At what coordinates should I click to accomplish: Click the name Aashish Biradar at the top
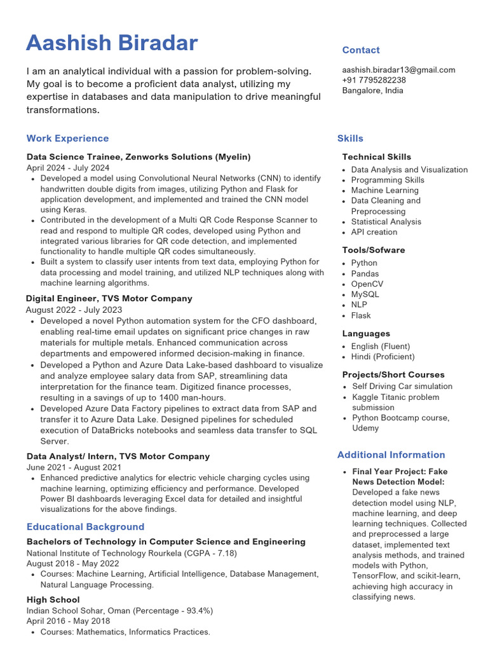pyautogui.click(x=112, y=43)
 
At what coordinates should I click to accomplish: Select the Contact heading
pyautogui.click(x=360, y=50)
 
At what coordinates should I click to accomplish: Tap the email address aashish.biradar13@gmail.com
pyautogui.click(x=398, y=70)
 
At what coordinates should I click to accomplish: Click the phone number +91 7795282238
pyautogui.click(x=374, y=80)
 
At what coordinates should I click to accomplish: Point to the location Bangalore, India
pyautogui.click(x=372, y=90)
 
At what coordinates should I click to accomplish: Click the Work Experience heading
pyautogui.click(x=67, y=139)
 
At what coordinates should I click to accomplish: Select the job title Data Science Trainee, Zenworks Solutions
pyautogui.click(x=139, y=156)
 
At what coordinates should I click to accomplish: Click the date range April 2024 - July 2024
pyautogui.click(x=67, y=168)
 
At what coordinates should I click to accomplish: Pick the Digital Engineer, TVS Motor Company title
pyautogui.click(x=109, y=298)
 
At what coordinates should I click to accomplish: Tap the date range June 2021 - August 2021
pyautogui.click(x=73, y=467)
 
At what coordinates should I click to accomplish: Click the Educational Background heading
pyautogui.click(x=85, y=527)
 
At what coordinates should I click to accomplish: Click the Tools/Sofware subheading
pyautogui.click(x=373, y=250)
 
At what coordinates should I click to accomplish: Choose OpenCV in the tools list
pyautogui.click(x=367, y=284)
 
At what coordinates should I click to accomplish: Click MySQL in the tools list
pyautogui.click(x=365, y=294)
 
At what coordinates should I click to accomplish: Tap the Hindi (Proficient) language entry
pyautogui.click(x=382, y=357)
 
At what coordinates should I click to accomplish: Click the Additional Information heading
pyautogui.click(x=391, y=455)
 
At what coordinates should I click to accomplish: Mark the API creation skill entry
pyautogui.click(x=374, y=232)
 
